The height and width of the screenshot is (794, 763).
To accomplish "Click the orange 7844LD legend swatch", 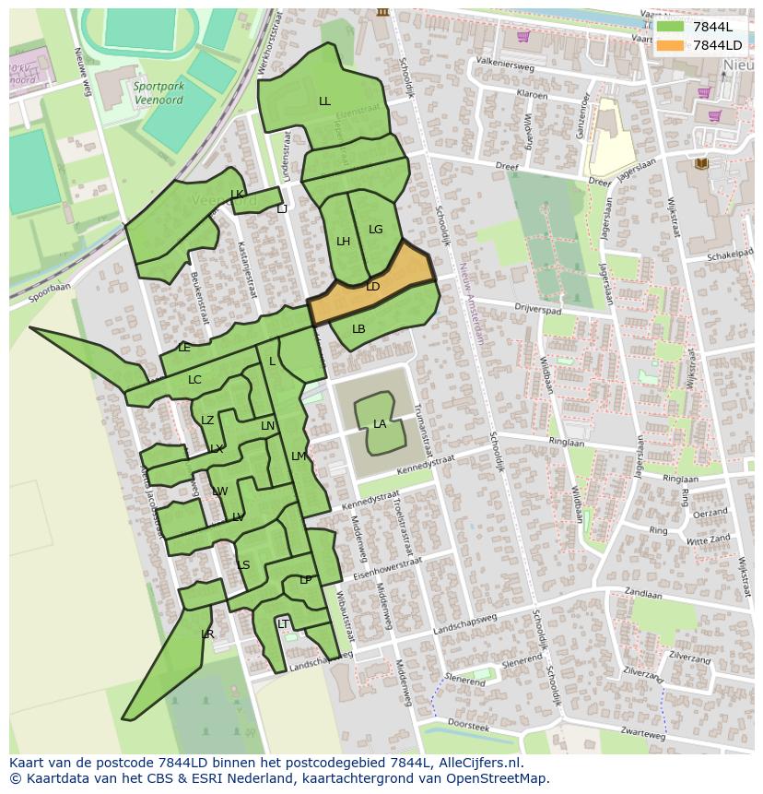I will tap(671, 45).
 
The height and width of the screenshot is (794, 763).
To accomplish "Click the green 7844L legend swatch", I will tap(671, 27).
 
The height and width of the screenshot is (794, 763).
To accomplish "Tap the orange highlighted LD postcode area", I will tap(373, 287).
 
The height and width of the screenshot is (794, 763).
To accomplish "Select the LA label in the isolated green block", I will tap(380, 424).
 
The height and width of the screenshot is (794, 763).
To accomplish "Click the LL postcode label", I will tap(324, 101).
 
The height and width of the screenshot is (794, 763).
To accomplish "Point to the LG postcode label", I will tap(375, 230).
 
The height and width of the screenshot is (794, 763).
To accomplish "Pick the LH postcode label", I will tap(343, 242).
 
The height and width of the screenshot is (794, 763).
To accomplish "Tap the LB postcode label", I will tap(358, 329).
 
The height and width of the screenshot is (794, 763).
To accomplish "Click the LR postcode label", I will tap(207, 634).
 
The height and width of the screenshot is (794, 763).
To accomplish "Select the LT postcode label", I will tap(283, 624).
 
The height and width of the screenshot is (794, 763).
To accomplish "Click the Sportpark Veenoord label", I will tap(158, 94).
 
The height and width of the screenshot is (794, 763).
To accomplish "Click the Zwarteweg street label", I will tap(642, 735).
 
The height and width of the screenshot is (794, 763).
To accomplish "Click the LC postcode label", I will tap(194, 380).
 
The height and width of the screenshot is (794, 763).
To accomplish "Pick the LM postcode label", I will tap(298, 456).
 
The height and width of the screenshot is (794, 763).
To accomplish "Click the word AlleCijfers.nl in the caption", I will tap(478, 763).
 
